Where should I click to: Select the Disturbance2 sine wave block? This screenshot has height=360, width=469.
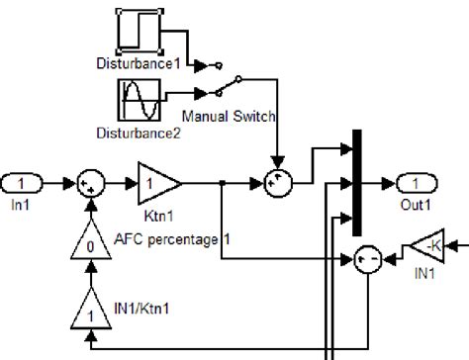click(x=138, y=102)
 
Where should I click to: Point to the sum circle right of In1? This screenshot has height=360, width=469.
click(x=90, y=183)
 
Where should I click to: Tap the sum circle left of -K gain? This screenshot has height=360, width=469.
click(x=368, y=260)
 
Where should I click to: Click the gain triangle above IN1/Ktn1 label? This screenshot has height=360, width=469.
click(x=91, y=313)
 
